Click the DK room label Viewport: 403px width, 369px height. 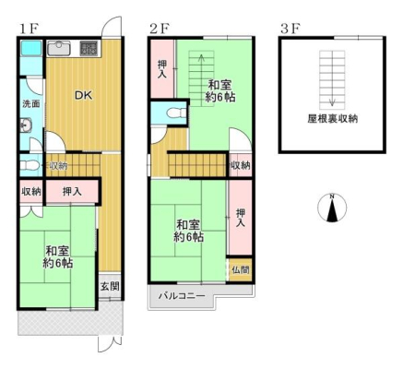[x=84, y=95]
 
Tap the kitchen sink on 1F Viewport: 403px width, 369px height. [x=59, y=48]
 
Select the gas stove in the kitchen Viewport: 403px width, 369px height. [x=89, y=48]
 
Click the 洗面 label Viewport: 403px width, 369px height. [x=31, y=103]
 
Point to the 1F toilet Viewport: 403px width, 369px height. [x=29, y=165]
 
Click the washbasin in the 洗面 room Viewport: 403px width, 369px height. [x=26, y=125]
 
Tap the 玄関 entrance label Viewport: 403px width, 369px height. [x=110, y=287]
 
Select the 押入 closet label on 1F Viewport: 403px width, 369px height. [x=72, y=192]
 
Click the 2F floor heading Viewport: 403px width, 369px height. [x=160, y=29]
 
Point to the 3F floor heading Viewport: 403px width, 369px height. [x=290, y=29]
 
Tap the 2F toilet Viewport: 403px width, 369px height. [x=176, y=113]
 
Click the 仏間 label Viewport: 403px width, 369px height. [x=241, y=270]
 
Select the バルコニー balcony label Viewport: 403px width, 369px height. [x=182, y=296]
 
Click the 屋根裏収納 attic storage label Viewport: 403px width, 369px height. [x=333, y=119]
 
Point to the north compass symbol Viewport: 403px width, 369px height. [x=332, y=208]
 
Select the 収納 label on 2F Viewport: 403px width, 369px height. [x=241, y=165]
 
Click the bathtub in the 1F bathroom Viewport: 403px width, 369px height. [x=30, y=48]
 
